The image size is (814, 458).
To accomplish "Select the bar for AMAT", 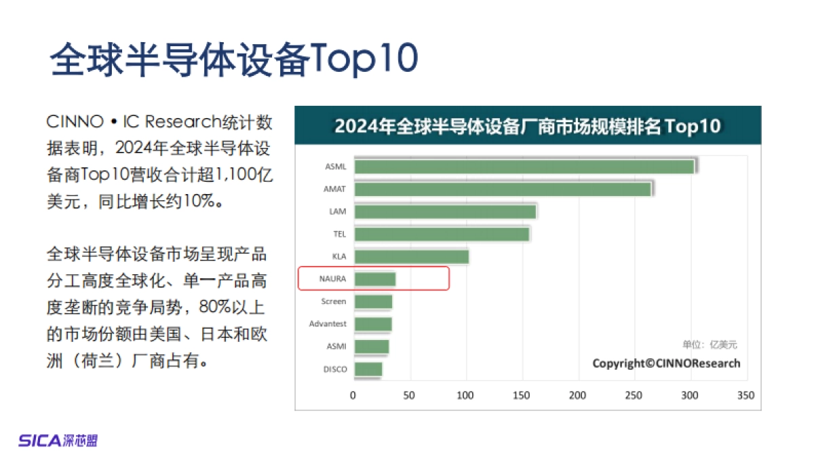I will point(503,189).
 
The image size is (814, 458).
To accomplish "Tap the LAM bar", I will point(445,211).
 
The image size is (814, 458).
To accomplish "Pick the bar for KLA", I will point(411,256).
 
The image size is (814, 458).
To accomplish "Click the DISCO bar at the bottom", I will point(368,369).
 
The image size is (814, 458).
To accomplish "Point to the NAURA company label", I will point(332,279).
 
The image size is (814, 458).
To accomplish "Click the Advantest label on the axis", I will point(328,324).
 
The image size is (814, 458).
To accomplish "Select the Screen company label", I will point(334,301).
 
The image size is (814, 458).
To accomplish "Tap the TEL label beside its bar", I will point(338,234).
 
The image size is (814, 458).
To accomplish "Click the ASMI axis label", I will point(336,346).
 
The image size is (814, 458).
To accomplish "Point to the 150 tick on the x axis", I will point(521,395).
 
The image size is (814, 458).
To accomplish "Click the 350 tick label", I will point(745,395).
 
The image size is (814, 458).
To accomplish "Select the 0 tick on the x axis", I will point(353,395).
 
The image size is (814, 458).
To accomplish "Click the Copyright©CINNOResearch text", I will point(666,363).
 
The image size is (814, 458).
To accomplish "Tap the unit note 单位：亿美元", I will point(710,345).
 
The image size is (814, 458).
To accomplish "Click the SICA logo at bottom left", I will point(58,440).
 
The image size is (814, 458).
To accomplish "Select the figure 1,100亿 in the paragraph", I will point(244,175).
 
